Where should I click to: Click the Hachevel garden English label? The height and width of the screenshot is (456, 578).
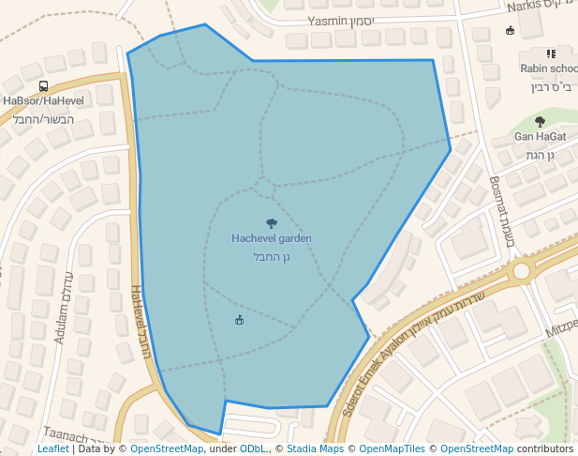[x=272, y=238]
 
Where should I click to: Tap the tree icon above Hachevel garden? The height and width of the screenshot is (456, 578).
[x=272, y=223]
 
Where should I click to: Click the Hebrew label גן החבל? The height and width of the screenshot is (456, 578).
[x=272, y=256]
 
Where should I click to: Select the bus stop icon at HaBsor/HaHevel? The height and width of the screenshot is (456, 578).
[x=43, y=86]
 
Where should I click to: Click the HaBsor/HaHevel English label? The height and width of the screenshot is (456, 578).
[x=43, y=100]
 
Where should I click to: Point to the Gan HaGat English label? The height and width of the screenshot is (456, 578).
[x=540, y=137]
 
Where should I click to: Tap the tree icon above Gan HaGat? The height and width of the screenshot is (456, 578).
[x=540, y=121]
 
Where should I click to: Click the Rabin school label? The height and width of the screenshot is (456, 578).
[x=549, y=68]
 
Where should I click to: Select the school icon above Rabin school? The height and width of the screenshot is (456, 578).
[x=551, y=53]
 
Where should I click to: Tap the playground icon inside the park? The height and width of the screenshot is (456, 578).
[x=239, y=321]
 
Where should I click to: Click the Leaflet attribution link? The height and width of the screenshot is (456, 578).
[x=52, y=449]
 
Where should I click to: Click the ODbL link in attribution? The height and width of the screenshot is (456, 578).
[x=252, y=449]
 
